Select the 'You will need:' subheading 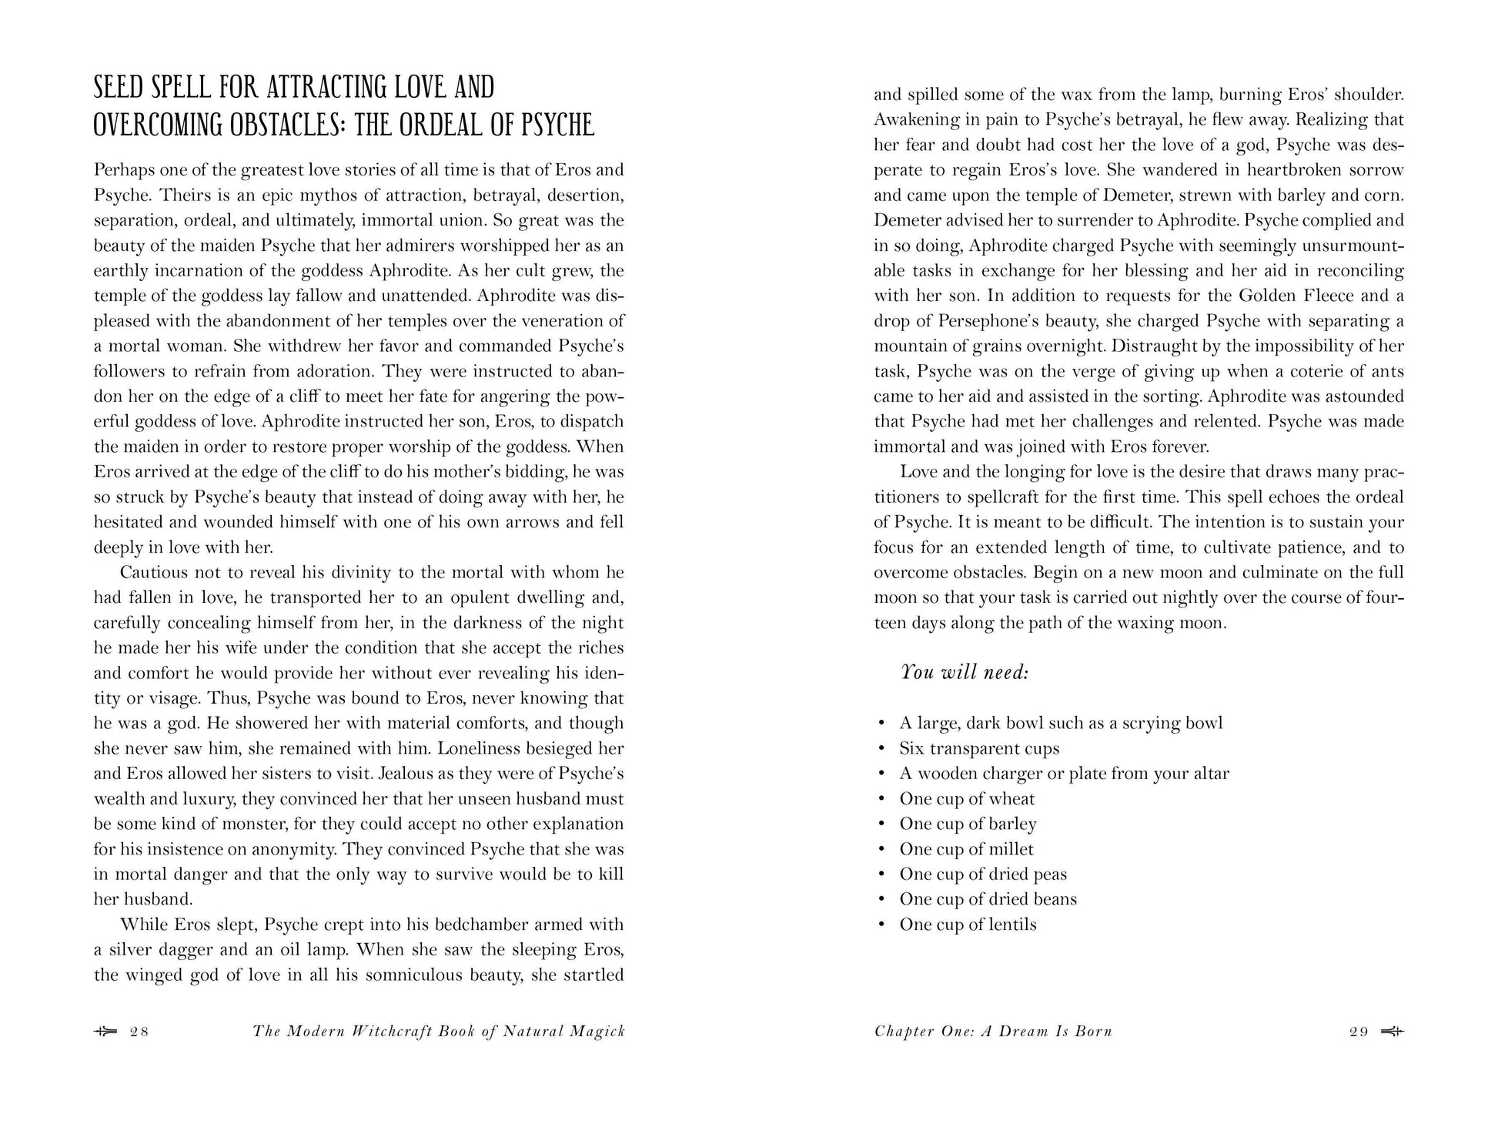click(965, 672)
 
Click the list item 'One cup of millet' click(966, 849)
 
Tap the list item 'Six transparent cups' click(979, 748)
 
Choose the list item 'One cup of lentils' click(968, 925)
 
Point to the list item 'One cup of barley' click(968, 824)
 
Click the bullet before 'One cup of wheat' click(881, 800)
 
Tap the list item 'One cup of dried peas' click(982, 875)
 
